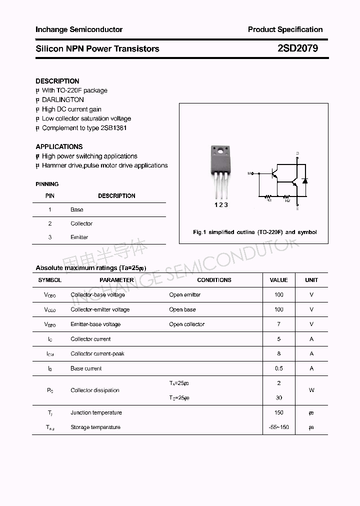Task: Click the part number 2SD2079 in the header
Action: (297, 49)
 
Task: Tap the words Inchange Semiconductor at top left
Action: (79, 29)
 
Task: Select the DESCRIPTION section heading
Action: (57, 81)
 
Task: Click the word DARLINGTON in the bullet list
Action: (63, 100)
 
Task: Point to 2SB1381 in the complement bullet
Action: (113, 128)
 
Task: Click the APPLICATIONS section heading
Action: (59, 146)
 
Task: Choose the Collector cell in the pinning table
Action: (81, 223)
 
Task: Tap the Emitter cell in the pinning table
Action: (79, 237)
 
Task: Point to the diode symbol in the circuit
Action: (304, 180)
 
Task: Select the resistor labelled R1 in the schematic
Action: (268, 196)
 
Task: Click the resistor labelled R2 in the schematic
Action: (287, 196)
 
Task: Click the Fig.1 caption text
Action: (254, 232)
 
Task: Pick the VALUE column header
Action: (278, 280)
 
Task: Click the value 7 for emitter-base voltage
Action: (279, 324)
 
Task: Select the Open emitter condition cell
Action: (184, 295)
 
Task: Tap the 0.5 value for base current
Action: (279, 368)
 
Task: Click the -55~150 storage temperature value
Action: (279, 427)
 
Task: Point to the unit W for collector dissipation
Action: (311, 390)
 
